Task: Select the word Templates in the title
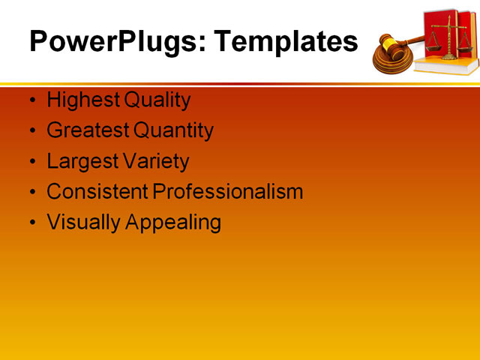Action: pos(286,41)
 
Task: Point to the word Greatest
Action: pos(87,130)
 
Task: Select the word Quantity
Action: pos(173,130)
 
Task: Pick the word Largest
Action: pos(82,161)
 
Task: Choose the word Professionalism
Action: pos(228,192)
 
